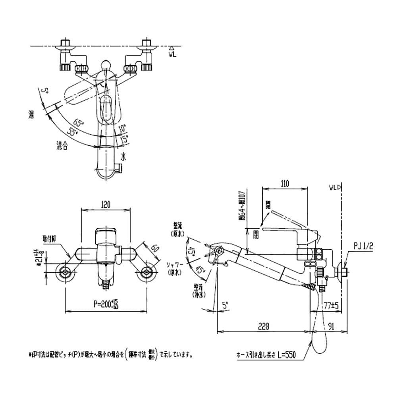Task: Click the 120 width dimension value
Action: tap(105, 204)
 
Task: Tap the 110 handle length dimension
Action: tap(284, 184)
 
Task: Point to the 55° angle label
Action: tap(73, 133)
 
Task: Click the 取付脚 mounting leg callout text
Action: tap(49, 239)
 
